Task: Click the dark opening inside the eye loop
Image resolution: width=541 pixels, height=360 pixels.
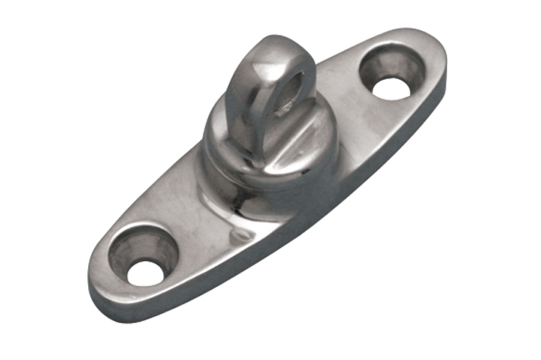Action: click(288, 93)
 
